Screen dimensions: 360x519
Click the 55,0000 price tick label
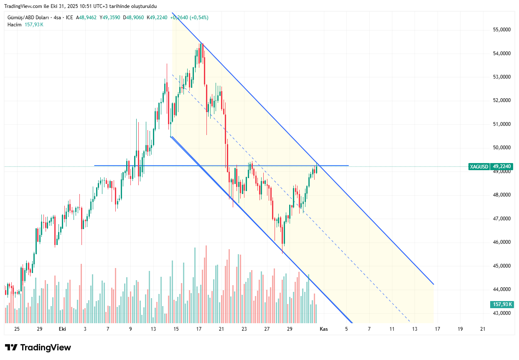(502, 30)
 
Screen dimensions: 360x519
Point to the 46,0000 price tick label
(502, 242)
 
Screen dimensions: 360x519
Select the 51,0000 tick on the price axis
(502, 124)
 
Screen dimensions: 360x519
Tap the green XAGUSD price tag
(478, 166)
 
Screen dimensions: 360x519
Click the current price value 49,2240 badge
(502, 166)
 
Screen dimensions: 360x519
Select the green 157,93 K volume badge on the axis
(502, 304)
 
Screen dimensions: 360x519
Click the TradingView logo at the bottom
(38, 347)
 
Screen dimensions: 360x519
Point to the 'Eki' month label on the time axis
(62, 329)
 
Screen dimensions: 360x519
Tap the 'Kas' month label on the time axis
(323, 329)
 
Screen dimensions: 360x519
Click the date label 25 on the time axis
(17, 329)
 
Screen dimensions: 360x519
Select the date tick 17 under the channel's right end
(438, 329)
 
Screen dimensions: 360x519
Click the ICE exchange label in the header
(69, 18)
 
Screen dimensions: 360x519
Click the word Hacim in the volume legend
(14, 25)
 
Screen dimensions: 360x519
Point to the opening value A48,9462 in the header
(86, 18)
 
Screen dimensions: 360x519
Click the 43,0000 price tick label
(502, 313)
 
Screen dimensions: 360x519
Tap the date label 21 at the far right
(483, 329)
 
